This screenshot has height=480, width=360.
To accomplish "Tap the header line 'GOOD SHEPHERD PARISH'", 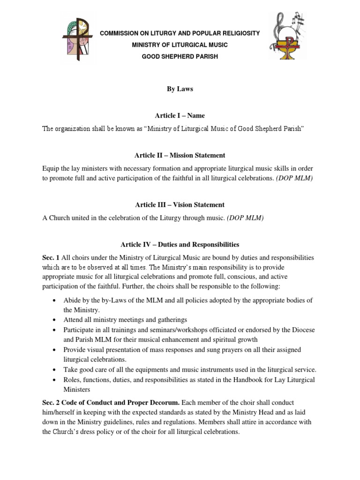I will coord(180,57).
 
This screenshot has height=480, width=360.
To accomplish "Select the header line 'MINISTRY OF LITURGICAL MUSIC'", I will coord(180,45).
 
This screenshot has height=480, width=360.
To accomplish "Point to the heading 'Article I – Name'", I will coord(180,116).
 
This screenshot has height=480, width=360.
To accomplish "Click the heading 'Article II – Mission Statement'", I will coord(180,156).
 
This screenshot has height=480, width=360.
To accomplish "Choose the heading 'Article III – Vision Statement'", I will coord(180,205).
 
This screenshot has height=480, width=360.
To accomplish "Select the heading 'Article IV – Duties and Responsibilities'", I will coord(180,245).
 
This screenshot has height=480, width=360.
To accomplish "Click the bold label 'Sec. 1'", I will coord(51,258).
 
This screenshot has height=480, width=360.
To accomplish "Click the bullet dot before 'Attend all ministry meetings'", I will coord(56,320).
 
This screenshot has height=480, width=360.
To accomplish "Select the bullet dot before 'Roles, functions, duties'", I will coord(56,380).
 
